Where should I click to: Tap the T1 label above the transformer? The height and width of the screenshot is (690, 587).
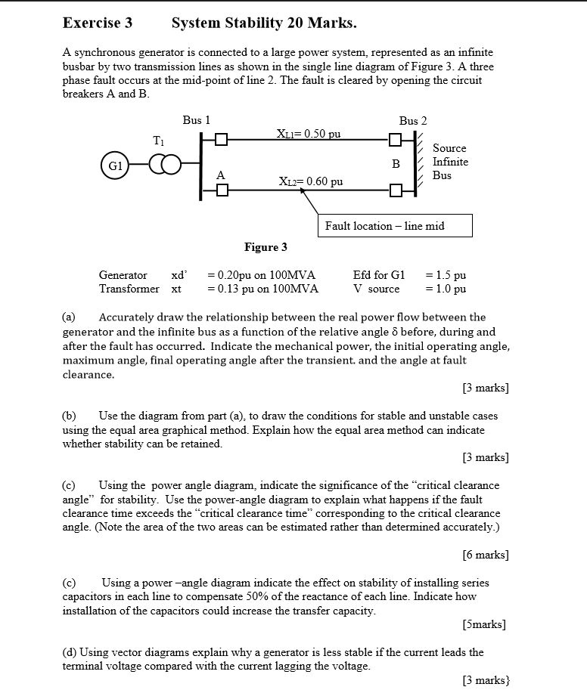(157, 141)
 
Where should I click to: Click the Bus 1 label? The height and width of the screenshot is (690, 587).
(196, 120)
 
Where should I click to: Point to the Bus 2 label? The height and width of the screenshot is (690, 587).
(413, 121)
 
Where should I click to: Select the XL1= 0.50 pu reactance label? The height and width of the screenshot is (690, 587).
(309, 134)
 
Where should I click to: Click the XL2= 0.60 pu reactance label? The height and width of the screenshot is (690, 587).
(310, 181)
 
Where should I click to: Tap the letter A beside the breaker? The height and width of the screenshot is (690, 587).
(220, 175)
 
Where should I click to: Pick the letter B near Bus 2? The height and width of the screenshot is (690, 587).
(395, 162)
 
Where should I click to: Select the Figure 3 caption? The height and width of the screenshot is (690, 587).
(266, 247)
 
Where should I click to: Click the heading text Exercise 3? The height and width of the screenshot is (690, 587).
(97, 23)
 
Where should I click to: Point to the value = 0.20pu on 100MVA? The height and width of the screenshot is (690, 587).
(261, 275)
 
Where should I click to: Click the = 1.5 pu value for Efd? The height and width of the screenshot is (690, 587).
(446, 275)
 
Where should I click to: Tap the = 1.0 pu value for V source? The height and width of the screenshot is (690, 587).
(446, 289)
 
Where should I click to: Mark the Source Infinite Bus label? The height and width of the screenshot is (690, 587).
(450, 162)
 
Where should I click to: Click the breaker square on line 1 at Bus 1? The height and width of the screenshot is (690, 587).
(220, 140)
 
